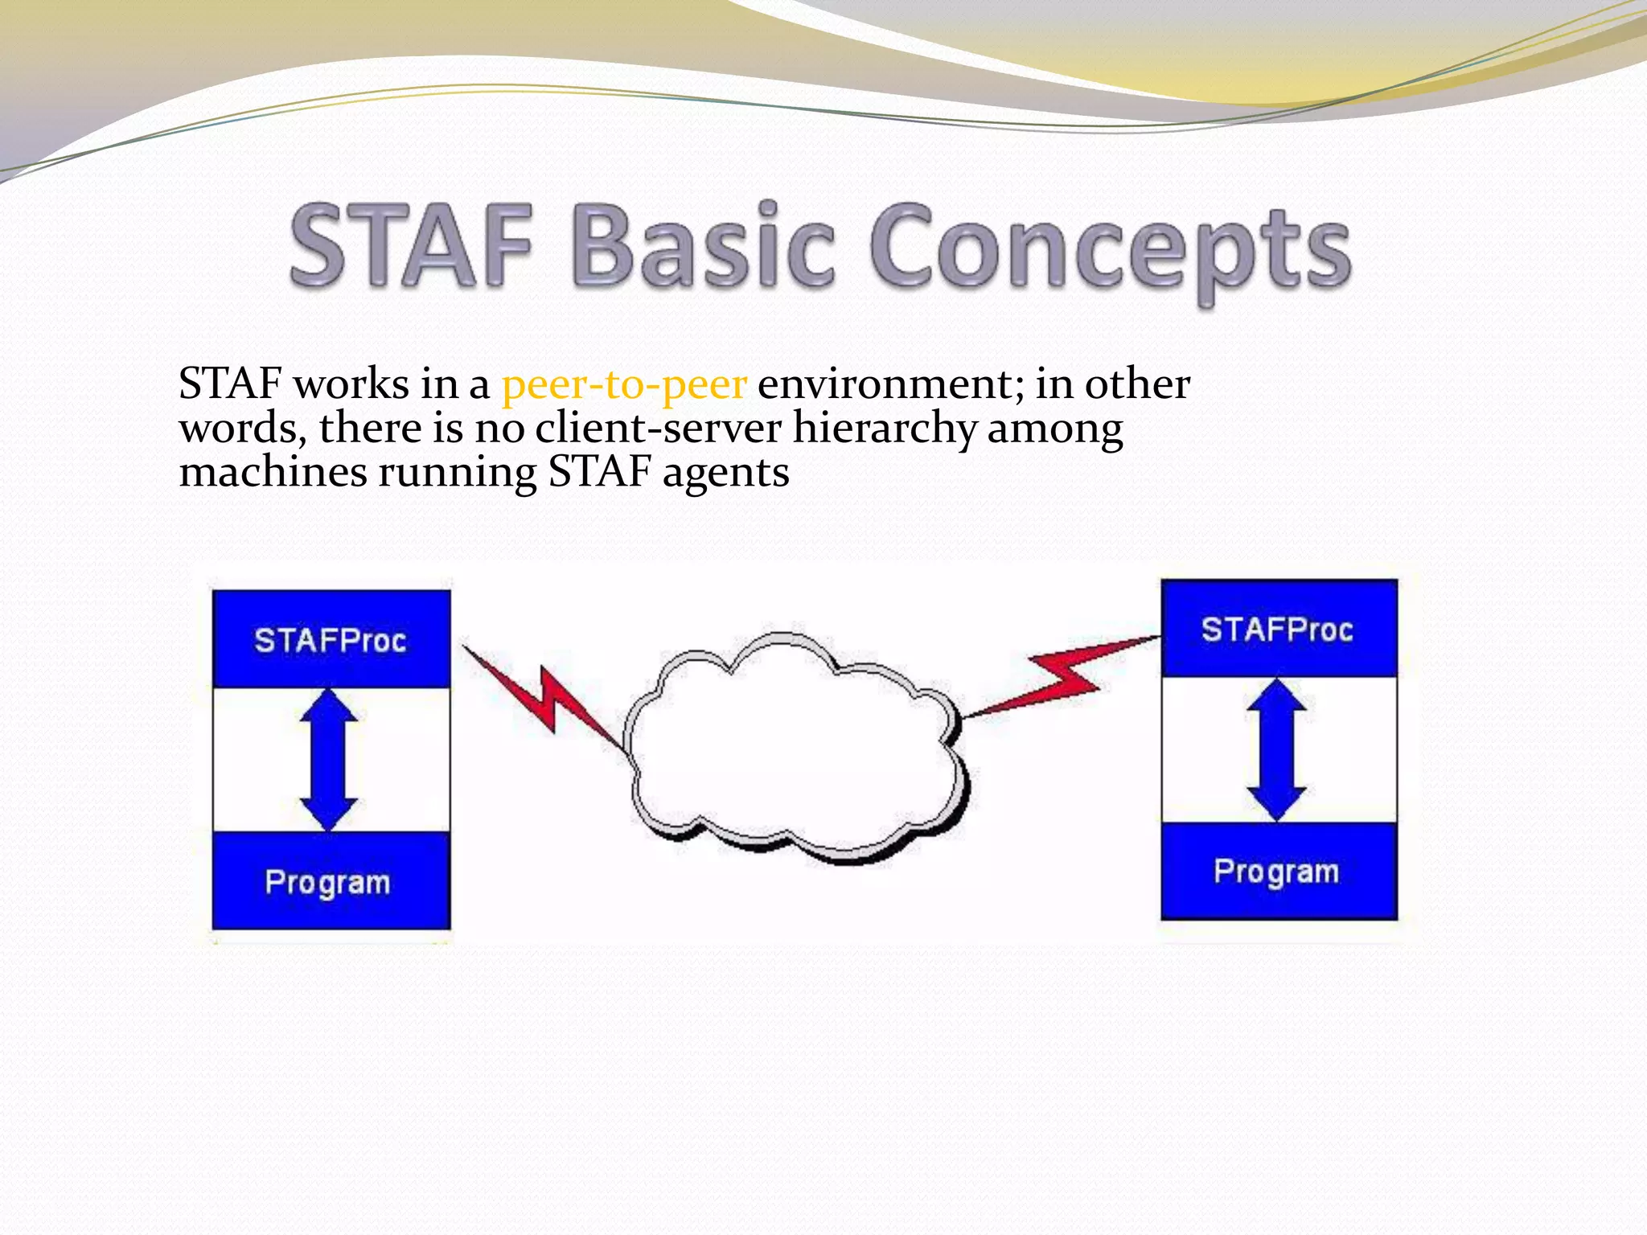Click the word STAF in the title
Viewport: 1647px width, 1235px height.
[x=411, y=245]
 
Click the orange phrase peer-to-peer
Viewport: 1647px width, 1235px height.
[x=624, y=384]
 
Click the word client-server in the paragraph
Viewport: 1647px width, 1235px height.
[x=658, y=428]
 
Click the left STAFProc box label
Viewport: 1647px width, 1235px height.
[x=331, y=640]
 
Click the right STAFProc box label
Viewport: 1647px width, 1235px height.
[x=1277, y=629]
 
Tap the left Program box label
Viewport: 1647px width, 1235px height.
[x=328, y=882]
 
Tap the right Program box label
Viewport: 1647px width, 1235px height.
[x=1277, y=872]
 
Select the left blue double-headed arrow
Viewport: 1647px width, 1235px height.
[x=329, y=759]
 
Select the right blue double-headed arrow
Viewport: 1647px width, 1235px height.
[x=1276, y=749]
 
